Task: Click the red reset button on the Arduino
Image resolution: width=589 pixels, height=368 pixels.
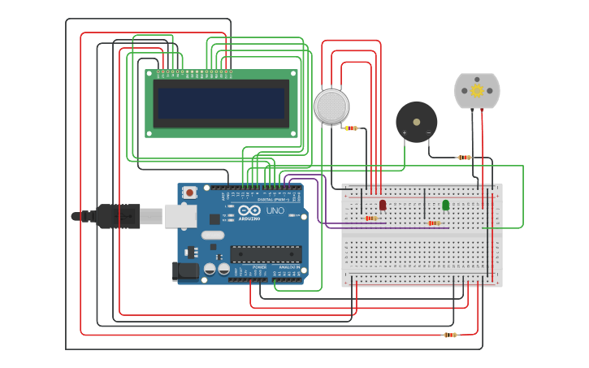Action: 189,193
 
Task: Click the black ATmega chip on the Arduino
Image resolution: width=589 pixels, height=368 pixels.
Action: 265,253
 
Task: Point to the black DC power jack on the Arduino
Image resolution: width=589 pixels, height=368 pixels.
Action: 186,271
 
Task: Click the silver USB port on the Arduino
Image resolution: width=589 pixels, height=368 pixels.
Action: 180,215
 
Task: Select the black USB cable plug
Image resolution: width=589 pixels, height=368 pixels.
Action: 119,216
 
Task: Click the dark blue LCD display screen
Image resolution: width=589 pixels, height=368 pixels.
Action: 221,103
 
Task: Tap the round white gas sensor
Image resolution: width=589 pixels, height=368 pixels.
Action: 331,106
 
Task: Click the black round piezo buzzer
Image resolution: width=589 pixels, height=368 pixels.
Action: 416,122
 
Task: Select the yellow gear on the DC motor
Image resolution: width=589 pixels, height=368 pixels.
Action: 477,90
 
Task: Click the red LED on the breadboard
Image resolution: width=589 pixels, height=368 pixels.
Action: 383,205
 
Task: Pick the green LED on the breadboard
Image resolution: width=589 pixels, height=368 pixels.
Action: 445,205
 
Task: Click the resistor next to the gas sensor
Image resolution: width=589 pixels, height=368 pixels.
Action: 350,128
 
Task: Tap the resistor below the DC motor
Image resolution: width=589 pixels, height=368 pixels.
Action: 464,158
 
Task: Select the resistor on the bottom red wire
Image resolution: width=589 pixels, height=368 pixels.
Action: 450,335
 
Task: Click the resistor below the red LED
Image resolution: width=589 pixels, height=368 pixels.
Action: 371,218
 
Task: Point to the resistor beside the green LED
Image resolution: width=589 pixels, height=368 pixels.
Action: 434,223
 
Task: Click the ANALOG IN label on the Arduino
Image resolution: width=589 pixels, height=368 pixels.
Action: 288,267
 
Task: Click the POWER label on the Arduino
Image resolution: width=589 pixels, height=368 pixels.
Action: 259,267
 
